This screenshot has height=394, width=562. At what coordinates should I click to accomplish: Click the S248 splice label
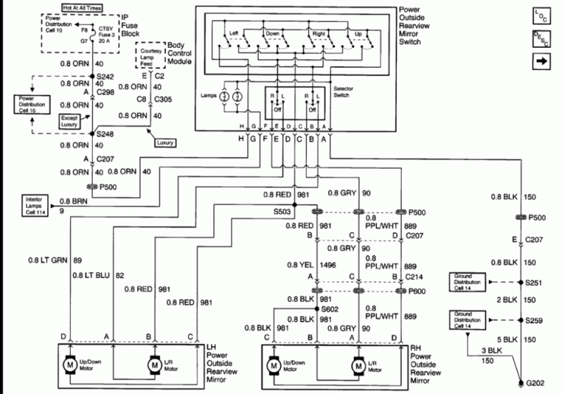click(105, 134)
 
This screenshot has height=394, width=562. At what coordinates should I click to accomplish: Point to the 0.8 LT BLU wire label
click(89, 274)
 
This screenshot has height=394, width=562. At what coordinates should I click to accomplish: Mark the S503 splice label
click(282, 210)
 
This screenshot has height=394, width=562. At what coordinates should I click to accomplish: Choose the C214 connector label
click(414, 278)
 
